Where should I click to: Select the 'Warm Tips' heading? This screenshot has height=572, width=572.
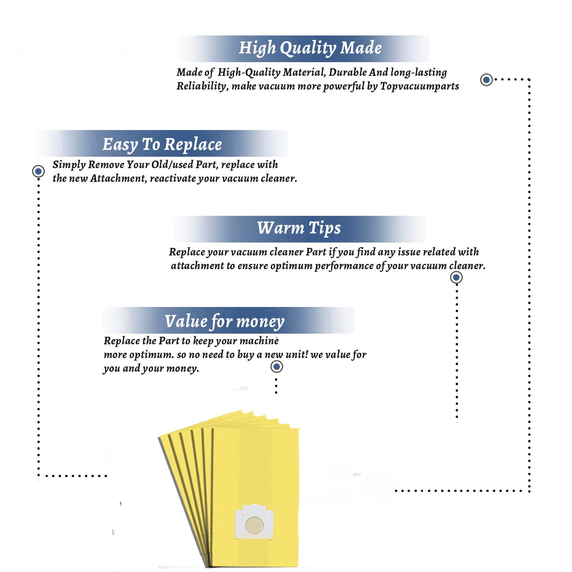299,228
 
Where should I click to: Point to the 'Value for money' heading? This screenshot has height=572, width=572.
225,321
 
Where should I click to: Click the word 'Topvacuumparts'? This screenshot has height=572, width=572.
419,87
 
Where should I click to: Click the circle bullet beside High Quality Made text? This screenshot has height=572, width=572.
486,80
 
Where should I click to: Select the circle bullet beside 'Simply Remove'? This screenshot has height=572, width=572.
39,171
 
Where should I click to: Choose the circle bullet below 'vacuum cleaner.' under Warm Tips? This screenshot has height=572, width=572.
456,277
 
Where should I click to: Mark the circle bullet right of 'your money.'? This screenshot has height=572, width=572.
276,367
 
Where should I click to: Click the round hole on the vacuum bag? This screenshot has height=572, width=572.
254,525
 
